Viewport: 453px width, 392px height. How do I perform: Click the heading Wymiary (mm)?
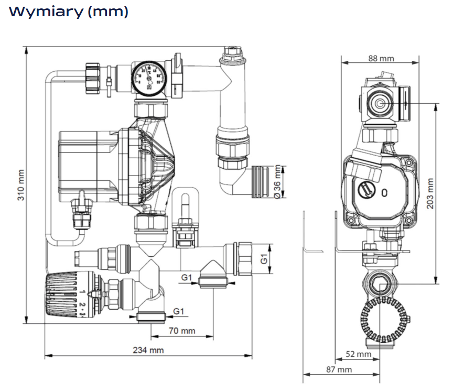pyautogui.click(x=69, y=12)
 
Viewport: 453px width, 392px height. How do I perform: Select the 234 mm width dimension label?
pyautogui.click(x=148, y=350)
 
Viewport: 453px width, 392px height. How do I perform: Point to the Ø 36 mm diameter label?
pyautogui.click(x=277, y=182)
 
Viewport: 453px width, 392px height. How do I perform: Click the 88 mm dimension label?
pyautogui.click(x=381, y=59)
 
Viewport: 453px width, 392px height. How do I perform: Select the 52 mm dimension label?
pyautogui.click(x=358, y=355)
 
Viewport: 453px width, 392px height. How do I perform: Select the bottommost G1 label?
pyautogui.click(x=179, y=311)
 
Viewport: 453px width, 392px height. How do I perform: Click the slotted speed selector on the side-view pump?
pyautogui.click(x=365, y=190)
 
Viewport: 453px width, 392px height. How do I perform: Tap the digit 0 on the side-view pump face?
pyautogui.click(x=385, y=192)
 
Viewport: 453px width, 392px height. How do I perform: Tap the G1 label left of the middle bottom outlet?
pyautogui.click(x=186, y=277)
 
